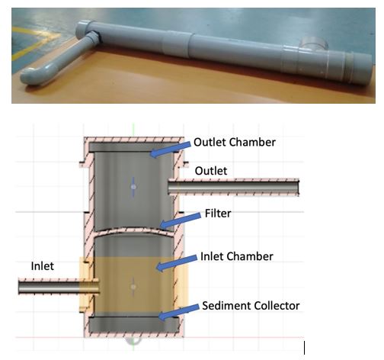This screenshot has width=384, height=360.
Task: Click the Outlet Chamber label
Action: [x=235, y=142]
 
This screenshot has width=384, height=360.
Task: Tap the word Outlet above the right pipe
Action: [x=211, y=171]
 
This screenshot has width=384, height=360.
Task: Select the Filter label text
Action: [x=218, y=214]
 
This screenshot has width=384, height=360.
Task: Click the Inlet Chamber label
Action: [x=237, y=256]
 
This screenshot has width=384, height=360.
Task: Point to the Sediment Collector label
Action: [x=251, y=306]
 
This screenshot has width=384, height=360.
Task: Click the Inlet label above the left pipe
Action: [x=43, y=266]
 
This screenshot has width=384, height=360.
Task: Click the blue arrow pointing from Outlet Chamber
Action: [x=170, y=149]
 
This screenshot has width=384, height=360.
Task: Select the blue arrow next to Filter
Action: [x=181, y=220]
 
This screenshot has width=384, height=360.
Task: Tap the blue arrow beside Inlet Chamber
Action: [x=177, y=262]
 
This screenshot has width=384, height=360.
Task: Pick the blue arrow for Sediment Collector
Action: [x=178, y=311]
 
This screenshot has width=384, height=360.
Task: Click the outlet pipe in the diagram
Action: [x=233, y=187]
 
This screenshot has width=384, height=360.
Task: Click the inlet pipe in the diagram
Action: [x=59, y=287]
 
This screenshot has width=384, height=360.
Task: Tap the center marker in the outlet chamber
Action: [x=133, y=187]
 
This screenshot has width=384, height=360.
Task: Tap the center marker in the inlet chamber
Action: [x=133, y=287]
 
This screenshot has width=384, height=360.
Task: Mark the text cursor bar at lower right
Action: [x=304, y=348]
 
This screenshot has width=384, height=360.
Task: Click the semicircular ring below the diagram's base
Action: [x=133, y=342]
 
